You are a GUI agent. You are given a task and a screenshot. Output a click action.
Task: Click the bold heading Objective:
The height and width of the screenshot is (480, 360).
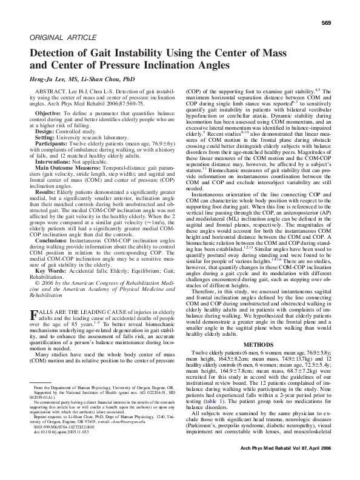point(52,113)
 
